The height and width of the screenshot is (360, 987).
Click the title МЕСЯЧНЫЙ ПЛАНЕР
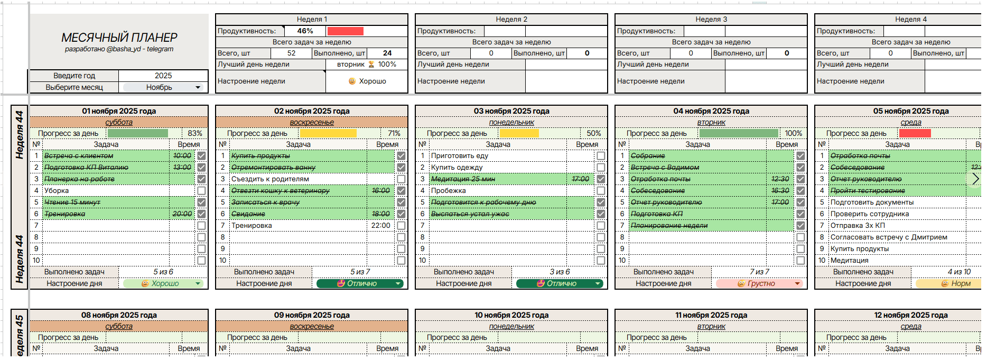coord(119,38)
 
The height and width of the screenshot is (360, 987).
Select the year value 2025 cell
coord(163,76)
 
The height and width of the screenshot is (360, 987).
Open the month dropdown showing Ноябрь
coord(163,87)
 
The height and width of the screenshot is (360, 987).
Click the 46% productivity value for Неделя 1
coord(305,31)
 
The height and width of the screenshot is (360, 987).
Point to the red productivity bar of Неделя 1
coord(345,31)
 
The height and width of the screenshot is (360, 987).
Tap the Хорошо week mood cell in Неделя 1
coord(367,81)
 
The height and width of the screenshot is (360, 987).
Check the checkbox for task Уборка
coord(201,191)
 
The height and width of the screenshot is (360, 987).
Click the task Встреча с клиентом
coord(79,156)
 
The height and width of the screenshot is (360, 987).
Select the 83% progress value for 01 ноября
coord(194,133)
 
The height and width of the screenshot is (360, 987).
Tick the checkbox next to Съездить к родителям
coord(401,179)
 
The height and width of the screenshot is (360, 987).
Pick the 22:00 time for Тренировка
coord(380,226)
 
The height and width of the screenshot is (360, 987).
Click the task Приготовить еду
coord(460,156)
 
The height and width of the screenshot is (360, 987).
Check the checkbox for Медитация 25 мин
coord(601,179)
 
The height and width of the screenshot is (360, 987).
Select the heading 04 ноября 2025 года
coord(711,111)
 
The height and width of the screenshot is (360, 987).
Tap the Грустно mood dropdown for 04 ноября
coord(759,284)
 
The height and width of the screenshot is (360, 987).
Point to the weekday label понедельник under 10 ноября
coord(511,327)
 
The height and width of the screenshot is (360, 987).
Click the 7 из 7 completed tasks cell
coord(759,272)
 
